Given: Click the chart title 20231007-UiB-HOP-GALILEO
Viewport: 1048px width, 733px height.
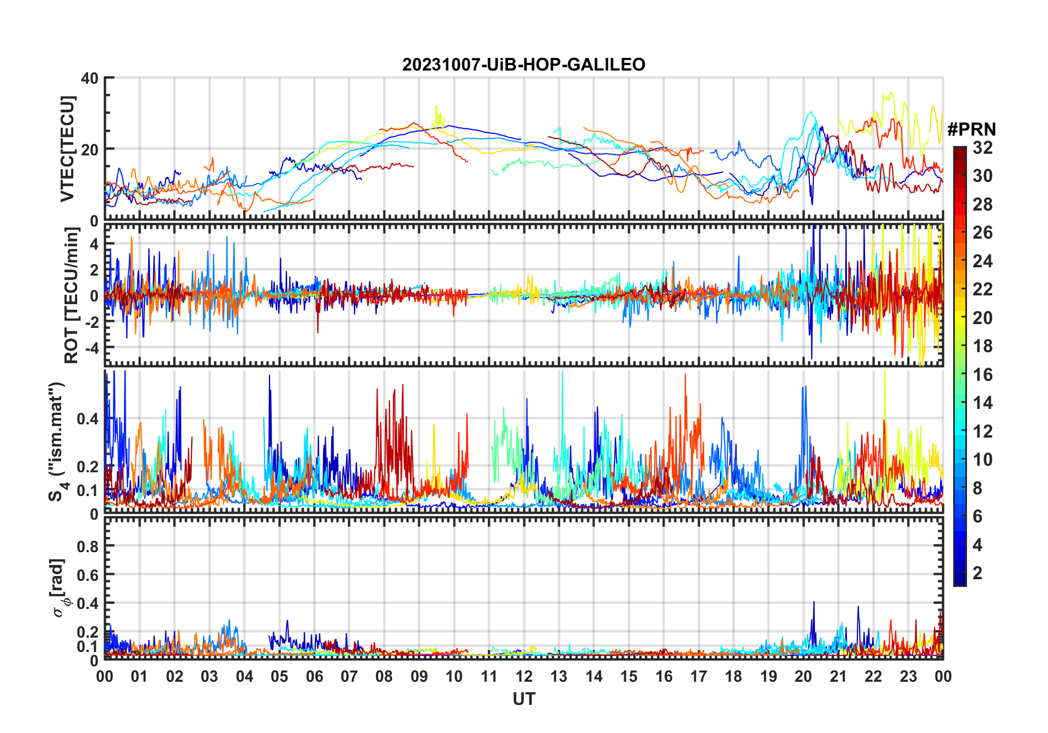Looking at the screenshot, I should tap(523, 65).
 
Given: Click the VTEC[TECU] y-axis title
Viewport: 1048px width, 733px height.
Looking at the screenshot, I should tap(67, 149).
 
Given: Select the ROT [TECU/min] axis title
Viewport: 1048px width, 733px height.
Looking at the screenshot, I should tap(72, 295).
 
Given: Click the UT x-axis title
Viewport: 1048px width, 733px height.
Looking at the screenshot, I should tap(523, 699).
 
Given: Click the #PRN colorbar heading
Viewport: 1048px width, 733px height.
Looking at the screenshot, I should tap(971, 130).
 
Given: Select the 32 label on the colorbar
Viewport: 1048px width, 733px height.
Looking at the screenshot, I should tap(982, 148).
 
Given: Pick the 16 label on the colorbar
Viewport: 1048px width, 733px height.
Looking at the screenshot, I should tap(982, 375).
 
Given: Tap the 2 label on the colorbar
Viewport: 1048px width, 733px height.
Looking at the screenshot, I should tap(977, 573).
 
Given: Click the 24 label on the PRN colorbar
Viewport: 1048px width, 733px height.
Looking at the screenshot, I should tap(982, 261).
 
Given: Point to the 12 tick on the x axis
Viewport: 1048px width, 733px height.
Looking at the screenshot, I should tap(524, 676).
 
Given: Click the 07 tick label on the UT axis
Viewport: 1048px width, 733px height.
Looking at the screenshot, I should tap(349, 676).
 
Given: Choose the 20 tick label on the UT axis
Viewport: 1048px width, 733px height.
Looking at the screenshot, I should tap(803, 676).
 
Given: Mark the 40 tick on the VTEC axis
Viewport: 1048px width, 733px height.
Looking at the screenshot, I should tap(90, 78).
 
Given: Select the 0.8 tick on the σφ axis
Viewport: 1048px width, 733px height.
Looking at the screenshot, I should tap(88, 546).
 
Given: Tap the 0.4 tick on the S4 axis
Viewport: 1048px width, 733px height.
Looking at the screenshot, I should tap(88, 419).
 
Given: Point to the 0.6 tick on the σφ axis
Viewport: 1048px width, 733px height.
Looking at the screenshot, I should tap(88, 575).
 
